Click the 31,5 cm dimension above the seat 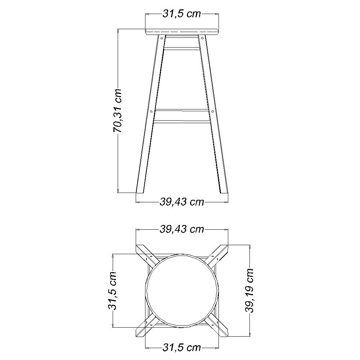(181, 14)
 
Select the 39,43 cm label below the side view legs (181, 202)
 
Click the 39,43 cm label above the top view (181, 229)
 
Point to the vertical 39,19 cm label (249, 291)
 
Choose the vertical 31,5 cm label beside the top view (112, 291)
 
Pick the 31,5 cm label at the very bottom (181, 348)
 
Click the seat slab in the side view (182, 32)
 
